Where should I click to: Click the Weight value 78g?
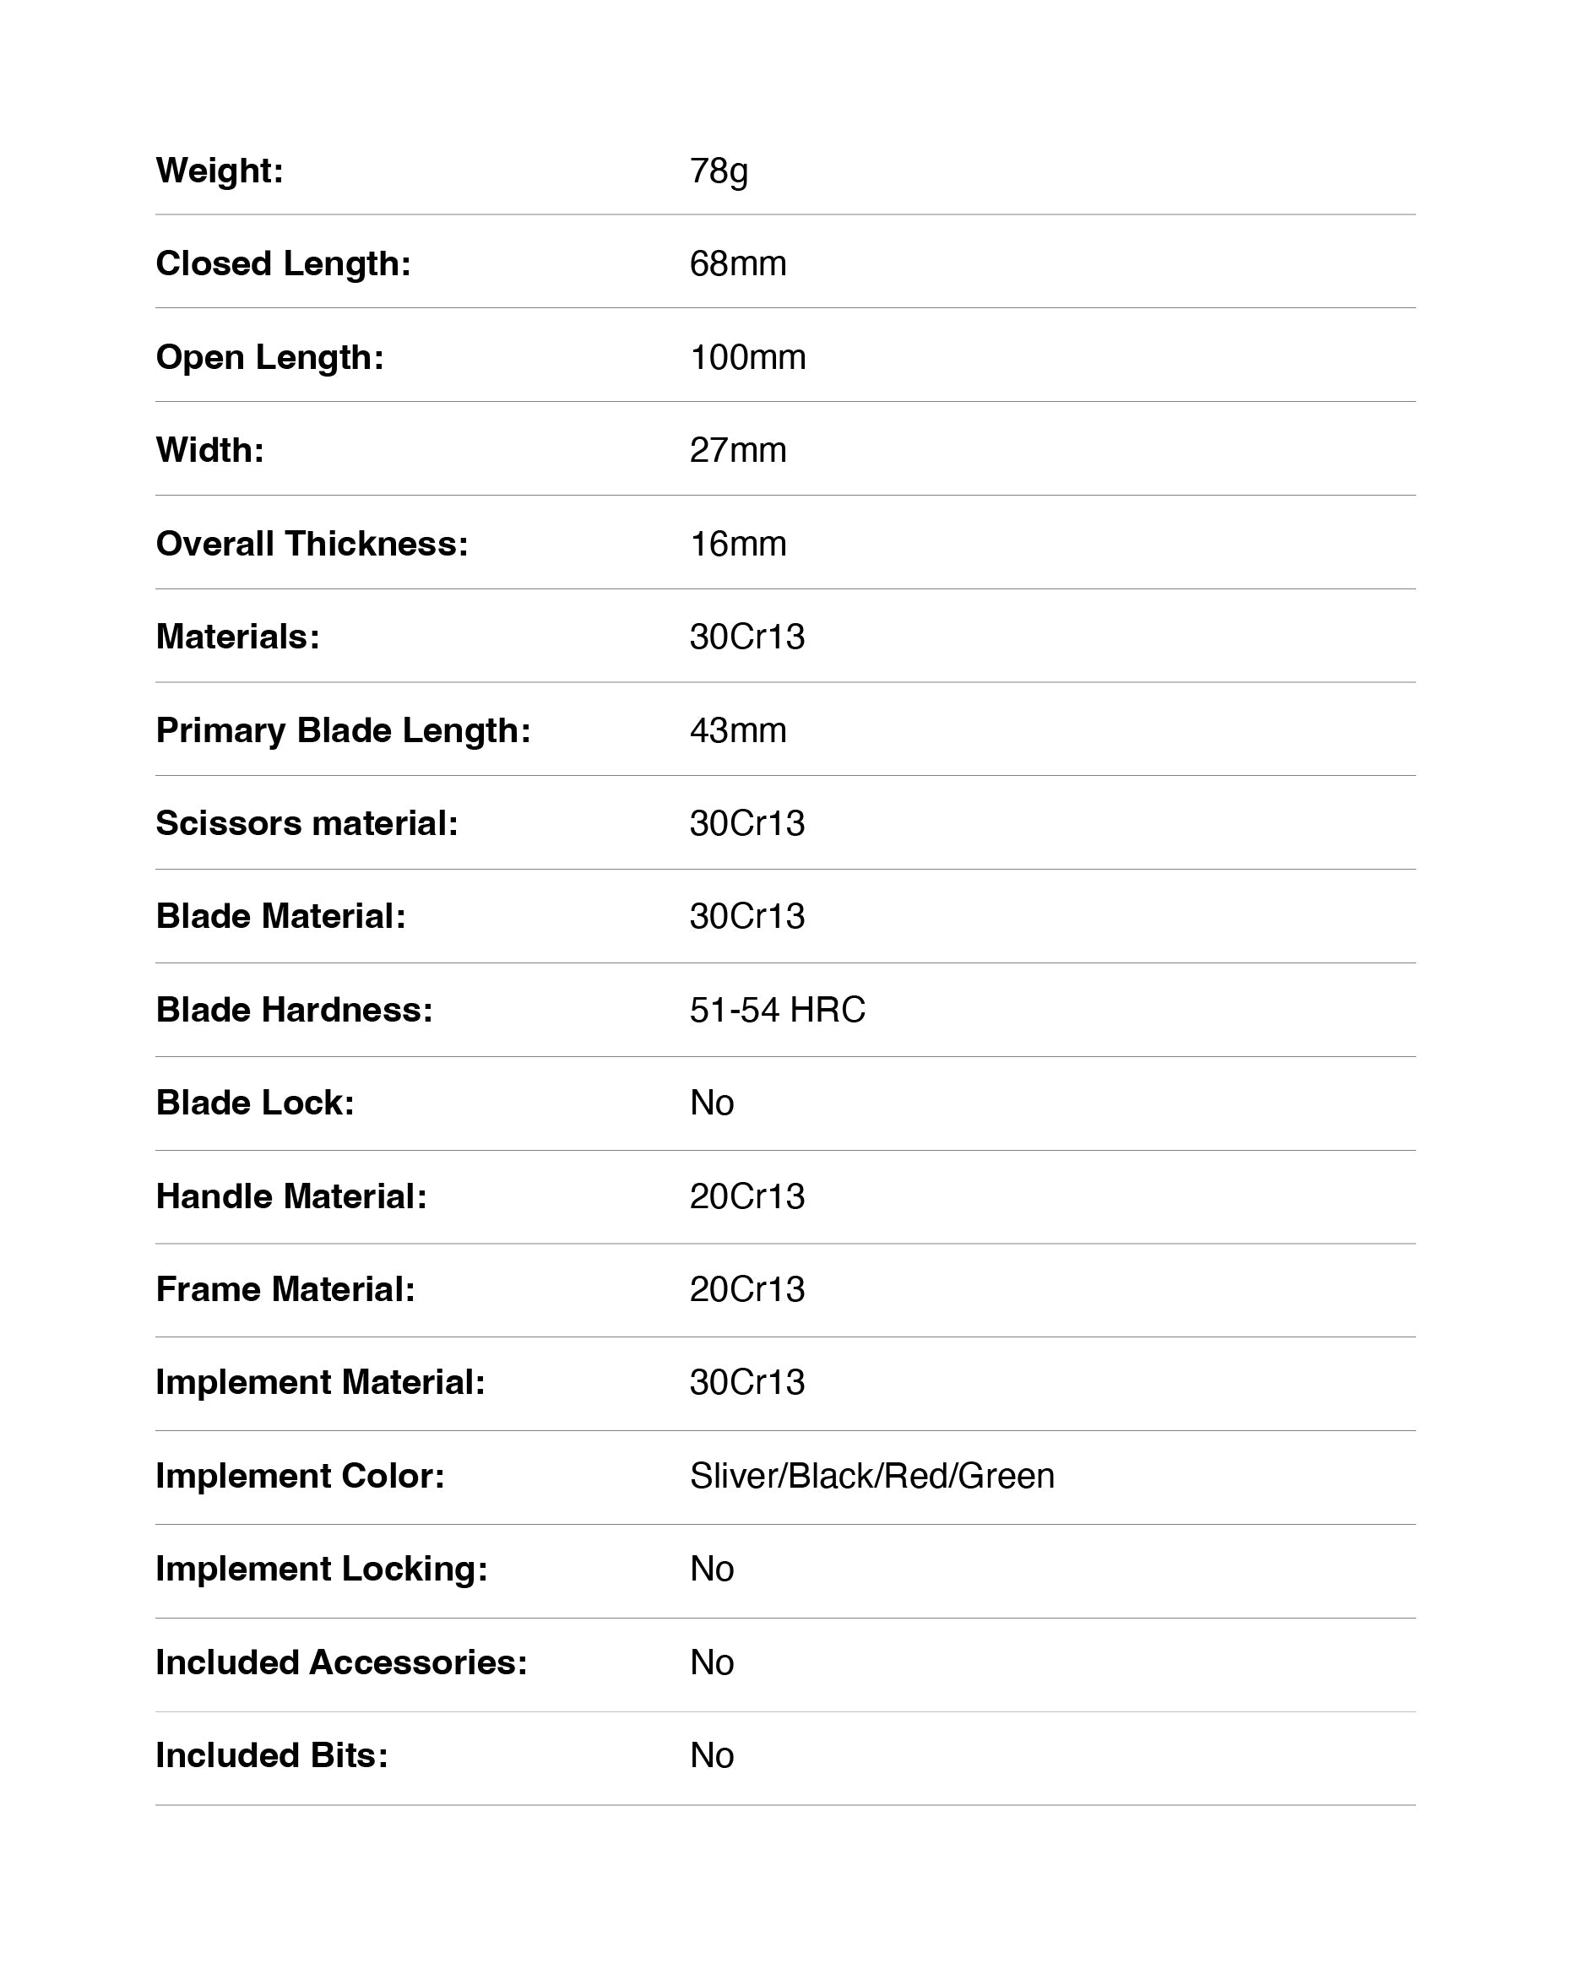coord(719,171)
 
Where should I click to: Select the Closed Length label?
coord(283,264)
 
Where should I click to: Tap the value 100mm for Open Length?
coord(747,357)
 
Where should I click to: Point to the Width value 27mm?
coord(737,451)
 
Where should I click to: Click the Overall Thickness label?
coord(312,544)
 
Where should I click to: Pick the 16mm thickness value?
coord(737,544)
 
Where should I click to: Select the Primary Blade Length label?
coord(342,730)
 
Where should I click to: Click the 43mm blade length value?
coord(737,730)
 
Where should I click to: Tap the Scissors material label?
coord(307,823)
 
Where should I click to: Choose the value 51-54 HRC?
coord(777,1010)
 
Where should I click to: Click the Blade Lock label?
coord(255,1103)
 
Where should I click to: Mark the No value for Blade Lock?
coord(711,1103)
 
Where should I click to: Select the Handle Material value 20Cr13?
coord(746,1196)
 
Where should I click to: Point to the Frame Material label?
coord(285,1289)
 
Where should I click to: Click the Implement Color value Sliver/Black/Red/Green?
coord(871,1476)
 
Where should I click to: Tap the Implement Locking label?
coord(322,1569)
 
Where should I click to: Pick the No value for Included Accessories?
coord(711,1662)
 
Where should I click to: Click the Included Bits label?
coord(271,1755)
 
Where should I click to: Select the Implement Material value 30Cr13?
coord(746,1382)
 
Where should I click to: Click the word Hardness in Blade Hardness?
coord(346,1010)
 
